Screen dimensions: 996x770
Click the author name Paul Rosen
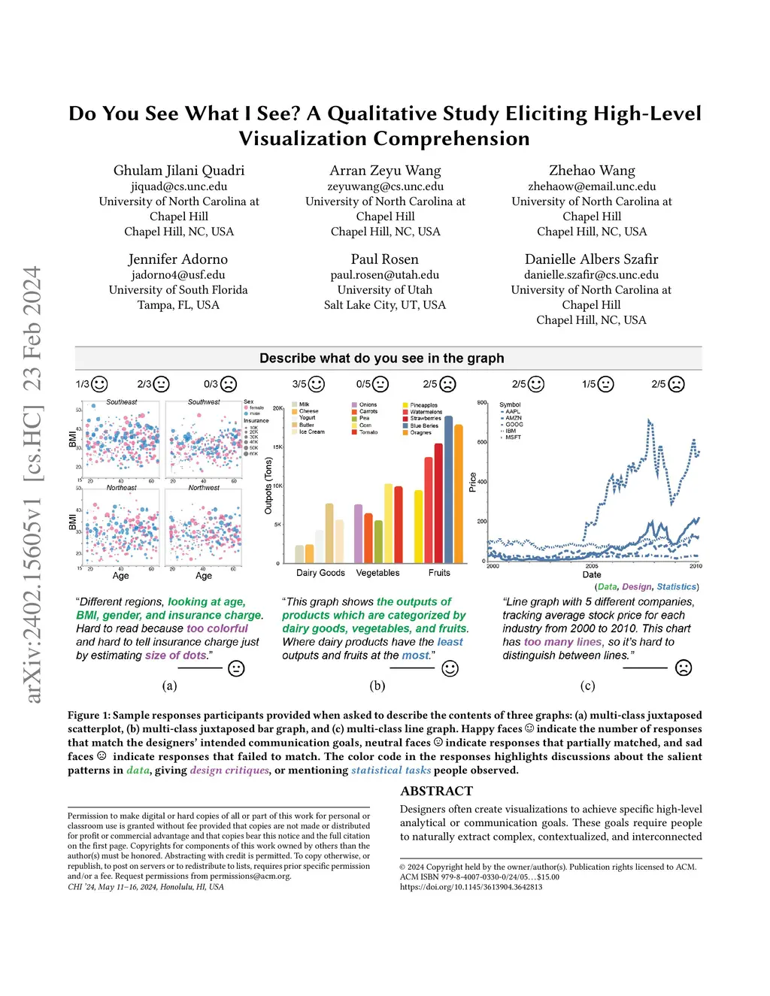click(384, 259)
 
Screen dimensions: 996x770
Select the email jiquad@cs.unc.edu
click(179, 186)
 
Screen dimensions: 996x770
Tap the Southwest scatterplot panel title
click(204, 402)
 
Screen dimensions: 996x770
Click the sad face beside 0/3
click(229, 384)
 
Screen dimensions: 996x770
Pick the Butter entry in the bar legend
click(306, 425)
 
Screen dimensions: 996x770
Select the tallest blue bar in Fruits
click(449, 489)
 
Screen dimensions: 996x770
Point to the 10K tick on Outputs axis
click(277, 486)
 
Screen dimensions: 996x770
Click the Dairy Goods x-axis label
click(320, 573)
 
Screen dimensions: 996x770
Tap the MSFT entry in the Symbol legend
click(513, 437)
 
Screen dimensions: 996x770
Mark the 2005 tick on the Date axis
click(592, 565)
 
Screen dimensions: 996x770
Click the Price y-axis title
click(473, 482)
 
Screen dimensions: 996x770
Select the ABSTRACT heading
click(436, 791)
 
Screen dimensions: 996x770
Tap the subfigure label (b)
click(377, 686)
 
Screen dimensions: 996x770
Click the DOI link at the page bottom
click(471, 887)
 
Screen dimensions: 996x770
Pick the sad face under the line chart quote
click(684, 668)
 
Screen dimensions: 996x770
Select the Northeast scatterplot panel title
click(121, 488)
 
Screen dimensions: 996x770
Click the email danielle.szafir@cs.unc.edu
click(591, 275)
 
